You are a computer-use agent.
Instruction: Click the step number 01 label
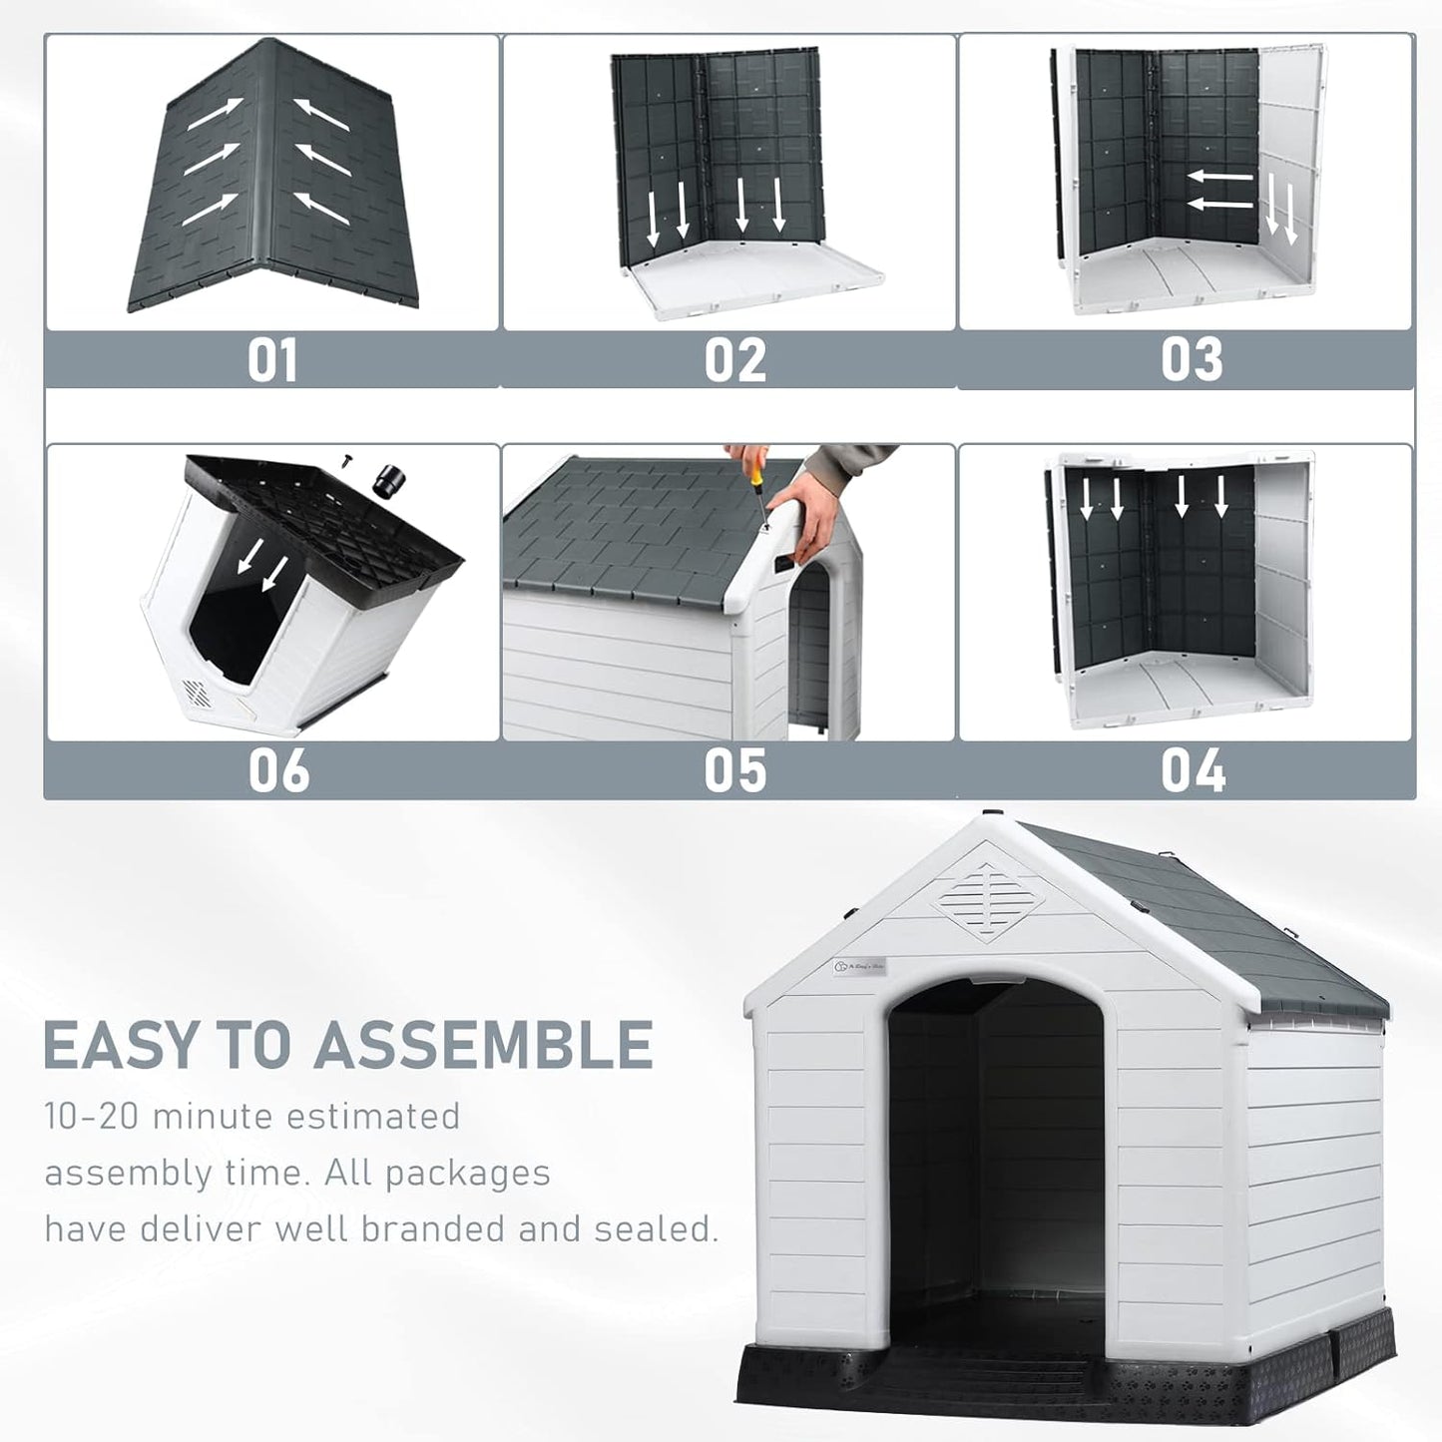(272, 360)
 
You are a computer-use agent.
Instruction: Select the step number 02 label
(734, 360)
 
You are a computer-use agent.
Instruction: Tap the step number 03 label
(1191, 360)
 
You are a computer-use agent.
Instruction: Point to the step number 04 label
(1193, 771)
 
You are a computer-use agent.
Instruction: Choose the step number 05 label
(734, 771)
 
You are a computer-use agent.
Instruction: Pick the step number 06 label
(278, 771)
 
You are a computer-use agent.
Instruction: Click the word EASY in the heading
(122, 1046)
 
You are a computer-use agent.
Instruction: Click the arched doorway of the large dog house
(996, 1148)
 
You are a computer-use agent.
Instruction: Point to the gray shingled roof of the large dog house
(1217, 918)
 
